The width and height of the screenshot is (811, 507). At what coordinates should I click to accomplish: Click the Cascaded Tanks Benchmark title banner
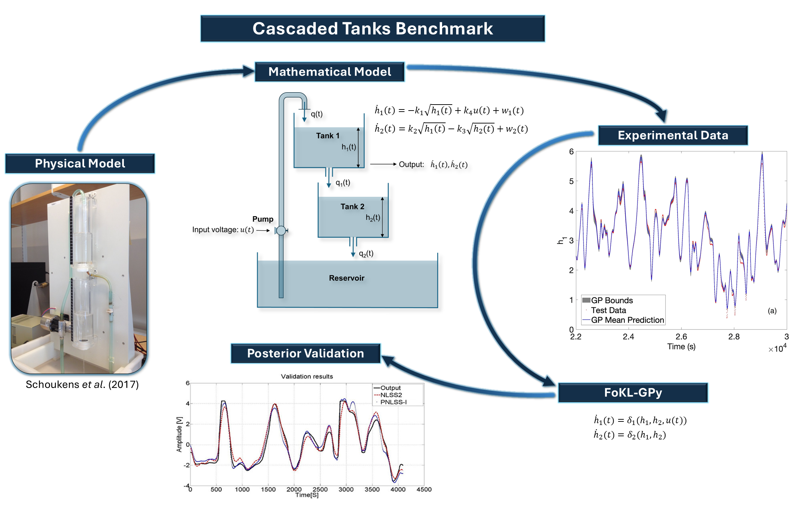(x=372, y=29)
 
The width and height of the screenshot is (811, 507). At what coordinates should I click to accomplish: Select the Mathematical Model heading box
(x=329, y=72)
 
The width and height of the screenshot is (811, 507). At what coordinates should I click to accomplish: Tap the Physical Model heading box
(x=80, y=163)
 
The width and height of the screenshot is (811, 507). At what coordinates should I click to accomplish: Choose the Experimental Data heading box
(x=673, y=135)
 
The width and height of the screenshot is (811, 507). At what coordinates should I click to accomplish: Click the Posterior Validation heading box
(x=306, y=353)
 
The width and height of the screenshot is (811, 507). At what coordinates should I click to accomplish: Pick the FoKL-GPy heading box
(x=633, y=392)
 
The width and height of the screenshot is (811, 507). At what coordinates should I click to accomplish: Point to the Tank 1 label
(x=327, y=136)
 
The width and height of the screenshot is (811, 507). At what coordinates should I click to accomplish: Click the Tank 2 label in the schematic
(x=352, y=207)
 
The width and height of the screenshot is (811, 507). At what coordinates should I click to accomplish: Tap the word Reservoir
(x=346, y=278)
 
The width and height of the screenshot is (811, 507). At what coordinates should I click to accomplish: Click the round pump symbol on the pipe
(x=281, y=231)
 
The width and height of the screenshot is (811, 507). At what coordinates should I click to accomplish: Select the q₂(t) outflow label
(x=366, y=254)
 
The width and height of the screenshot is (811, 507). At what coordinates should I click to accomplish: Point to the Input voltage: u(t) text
(x=222, y=230)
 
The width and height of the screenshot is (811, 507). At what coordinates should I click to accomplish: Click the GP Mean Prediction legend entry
(x=627, y=320)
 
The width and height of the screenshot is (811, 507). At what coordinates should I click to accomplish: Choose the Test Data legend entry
(x=608, y=310)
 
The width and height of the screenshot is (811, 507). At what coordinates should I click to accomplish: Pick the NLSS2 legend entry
(x=391, y=395)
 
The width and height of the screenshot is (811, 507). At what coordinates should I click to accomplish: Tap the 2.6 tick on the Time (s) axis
(x=681, y=337)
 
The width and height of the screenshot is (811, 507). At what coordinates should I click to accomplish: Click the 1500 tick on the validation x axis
(x=268, y=489)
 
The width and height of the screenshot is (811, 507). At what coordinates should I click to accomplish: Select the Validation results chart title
(x=307, y=376)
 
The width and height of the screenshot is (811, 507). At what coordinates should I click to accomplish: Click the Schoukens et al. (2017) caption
(x=82, y=384)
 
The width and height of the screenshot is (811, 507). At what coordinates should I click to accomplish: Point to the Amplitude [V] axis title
(x=180, y=434)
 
